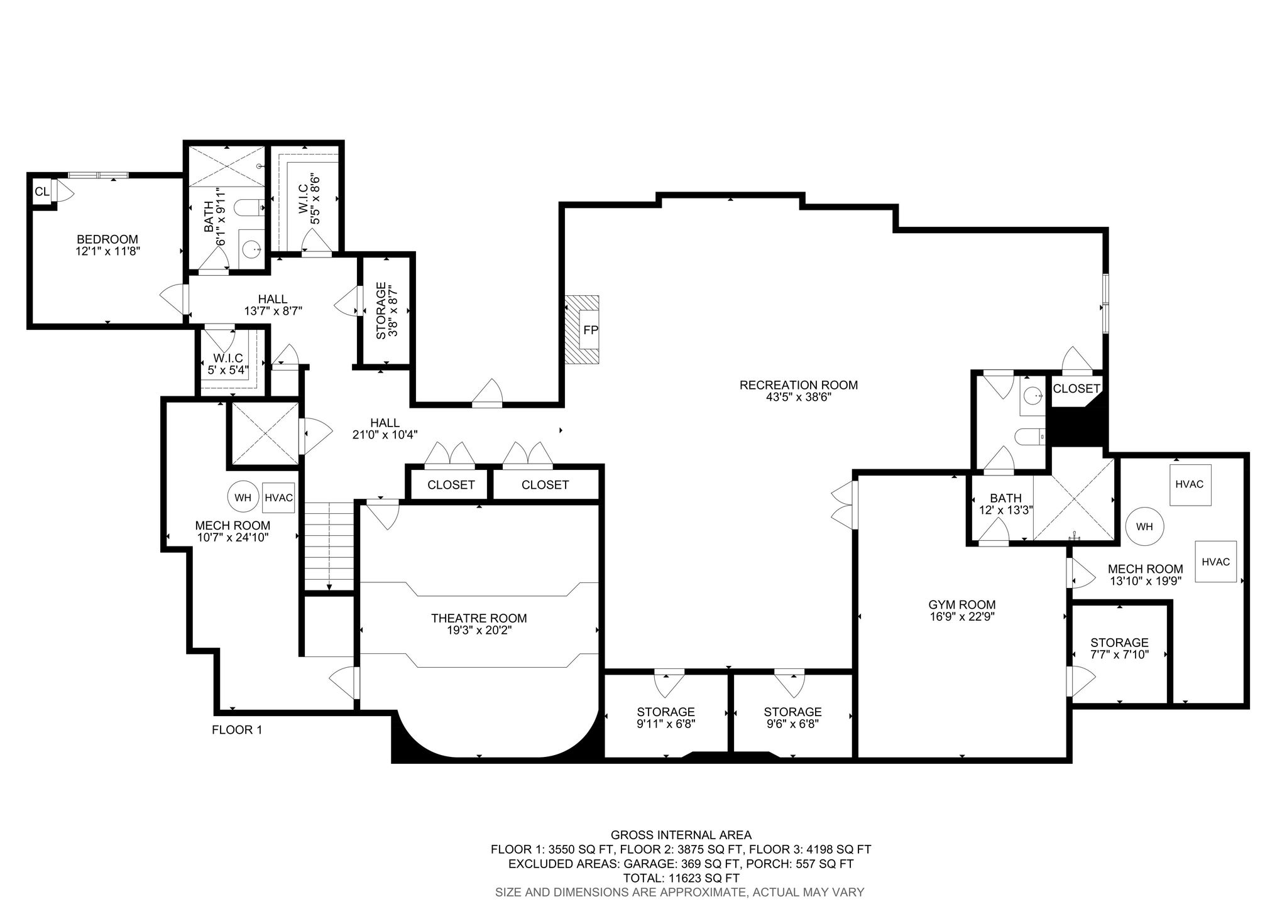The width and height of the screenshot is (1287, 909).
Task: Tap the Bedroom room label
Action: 107,239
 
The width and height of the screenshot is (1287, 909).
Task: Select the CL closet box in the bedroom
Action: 42,192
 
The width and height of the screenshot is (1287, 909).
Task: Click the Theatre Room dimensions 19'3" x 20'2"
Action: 479,630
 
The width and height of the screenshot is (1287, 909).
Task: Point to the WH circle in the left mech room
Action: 243,498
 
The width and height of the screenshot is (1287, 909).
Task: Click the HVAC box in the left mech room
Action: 279,498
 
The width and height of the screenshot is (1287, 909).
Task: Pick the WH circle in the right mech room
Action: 1144,526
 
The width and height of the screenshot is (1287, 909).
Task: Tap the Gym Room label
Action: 962,604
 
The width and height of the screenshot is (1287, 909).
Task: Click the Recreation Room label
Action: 799,385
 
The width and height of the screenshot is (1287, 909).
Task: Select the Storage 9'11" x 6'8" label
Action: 666,717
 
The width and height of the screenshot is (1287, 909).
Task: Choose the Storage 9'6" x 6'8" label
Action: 793,717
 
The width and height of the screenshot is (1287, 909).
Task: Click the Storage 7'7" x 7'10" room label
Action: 1120,648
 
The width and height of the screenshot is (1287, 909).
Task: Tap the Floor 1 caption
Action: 237,730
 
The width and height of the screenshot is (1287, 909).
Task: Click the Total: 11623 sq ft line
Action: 681,878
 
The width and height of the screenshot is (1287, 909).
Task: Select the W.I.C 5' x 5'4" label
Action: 227,364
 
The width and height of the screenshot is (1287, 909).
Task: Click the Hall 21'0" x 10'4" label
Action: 385,428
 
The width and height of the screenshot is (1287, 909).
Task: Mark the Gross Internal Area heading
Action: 681,835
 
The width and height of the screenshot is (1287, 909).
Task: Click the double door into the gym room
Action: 845,504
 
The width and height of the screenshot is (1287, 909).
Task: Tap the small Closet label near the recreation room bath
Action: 1076,389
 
